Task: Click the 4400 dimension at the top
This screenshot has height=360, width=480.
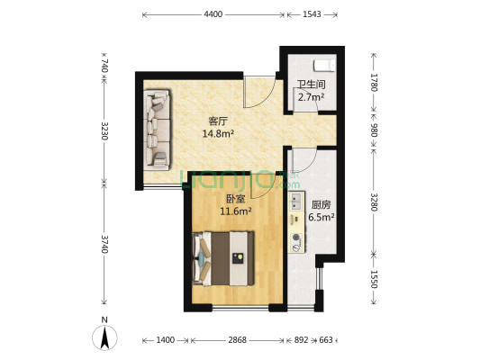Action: (213, 14)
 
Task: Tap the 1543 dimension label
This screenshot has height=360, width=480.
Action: (312, 14)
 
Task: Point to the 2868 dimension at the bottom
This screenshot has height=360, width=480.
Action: (237, 340)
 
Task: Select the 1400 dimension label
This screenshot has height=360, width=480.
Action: (166, 340)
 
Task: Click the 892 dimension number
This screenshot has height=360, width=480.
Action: (301, 340)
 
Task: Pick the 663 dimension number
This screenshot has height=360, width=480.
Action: (326, 340)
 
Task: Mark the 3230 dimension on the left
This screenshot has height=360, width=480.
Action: (104, 130)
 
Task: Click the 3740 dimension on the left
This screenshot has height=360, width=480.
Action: (104, 244)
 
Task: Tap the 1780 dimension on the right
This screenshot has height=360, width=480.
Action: (374, 82)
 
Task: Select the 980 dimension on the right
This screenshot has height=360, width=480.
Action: (374, 130)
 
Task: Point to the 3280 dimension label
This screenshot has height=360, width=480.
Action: (374, 202)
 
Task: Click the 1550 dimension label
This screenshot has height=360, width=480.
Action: (374, 279)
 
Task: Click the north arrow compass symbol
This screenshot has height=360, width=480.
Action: (104, 337)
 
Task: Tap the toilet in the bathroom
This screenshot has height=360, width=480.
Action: (324, 66)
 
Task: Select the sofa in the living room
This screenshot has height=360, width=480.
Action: (157, 130)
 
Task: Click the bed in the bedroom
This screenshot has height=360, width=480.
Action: (223, 258)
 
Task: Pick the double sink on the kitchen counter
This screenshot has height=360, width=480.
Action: (295, 202)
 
